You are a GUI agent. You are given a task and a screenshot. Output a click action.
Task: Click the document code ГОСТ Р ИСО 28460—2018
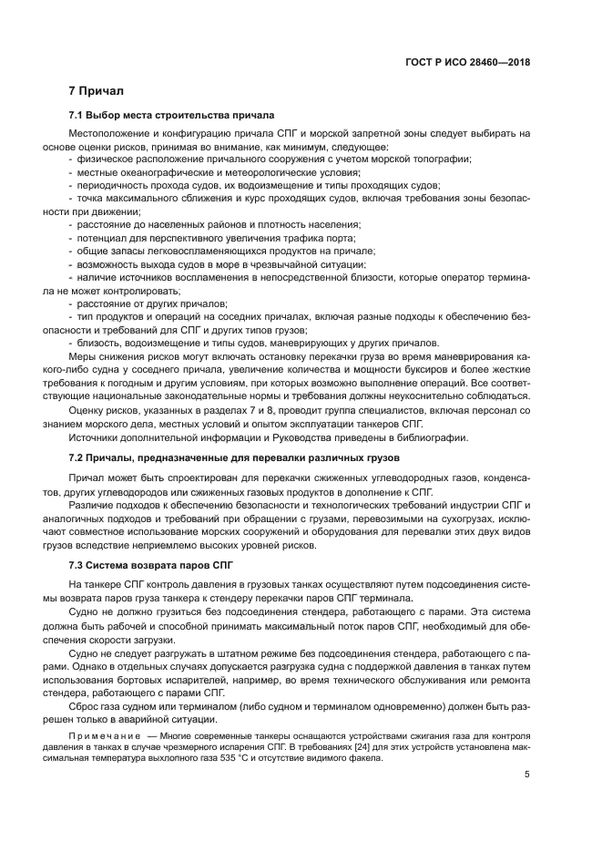(468, 64)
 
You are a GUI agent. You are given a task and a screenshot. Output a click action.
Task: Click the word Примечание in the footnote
(107, 734)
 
